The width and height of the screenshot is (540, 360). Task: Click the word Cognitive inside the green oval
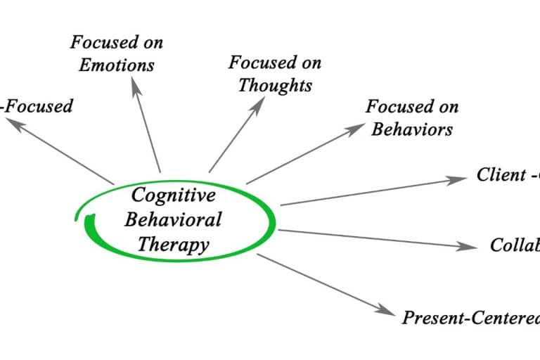click(x=173, y=194)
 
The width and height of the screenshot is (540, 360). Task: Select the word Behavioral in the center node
click(x=173, y=219)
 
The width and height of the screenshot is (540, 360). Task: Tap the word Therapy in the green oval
click(x=173, y=244)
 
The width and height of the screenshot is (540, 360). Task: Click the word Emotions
click(x=117, y=65)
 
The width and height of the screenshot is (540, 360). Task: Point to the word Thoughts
click(x=275, y=85)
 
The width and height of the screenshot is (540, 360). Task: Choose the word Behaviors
click(x=412, y=129)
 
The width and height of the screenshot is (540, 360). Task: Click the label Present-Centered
click(x=470, y=318)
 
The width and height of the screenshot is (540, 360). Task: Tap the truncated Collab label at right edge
click(x=515, y=245)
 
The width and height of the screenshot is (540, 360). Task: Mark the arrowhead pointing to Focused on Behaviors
click(x=352, y=131)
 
